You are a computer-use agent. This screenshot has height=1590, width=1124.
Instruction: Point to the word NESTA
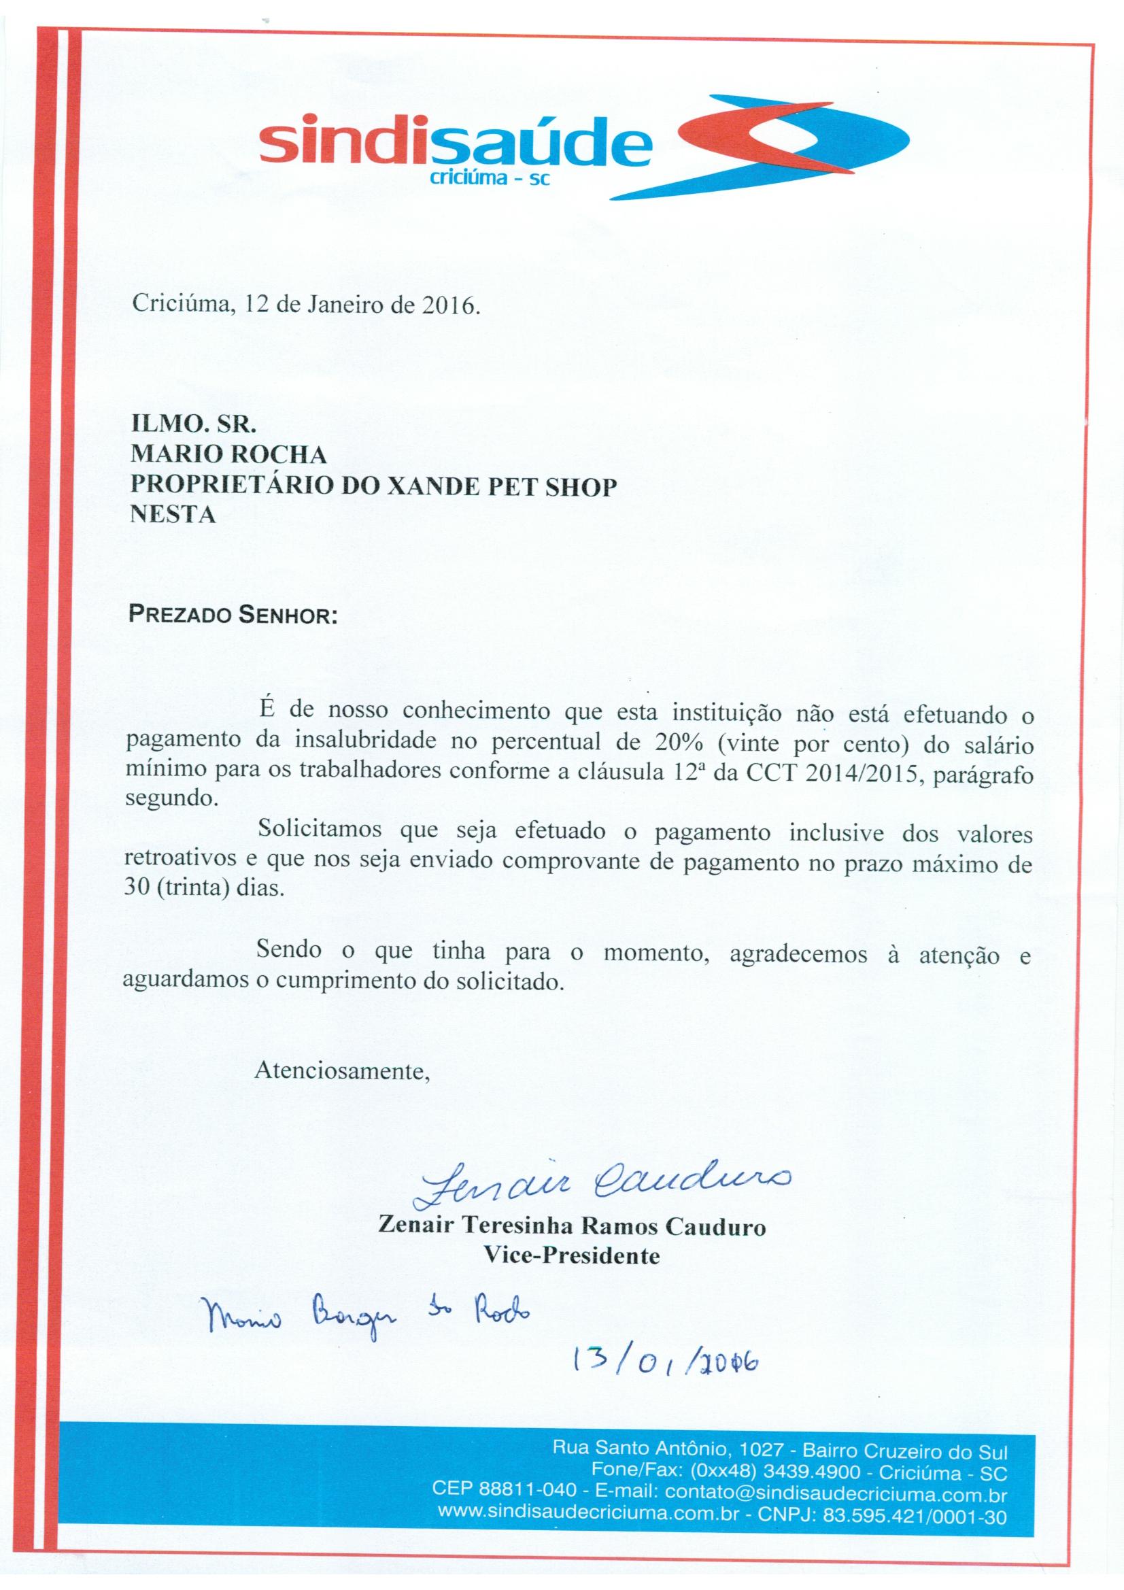click(173, 515)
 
